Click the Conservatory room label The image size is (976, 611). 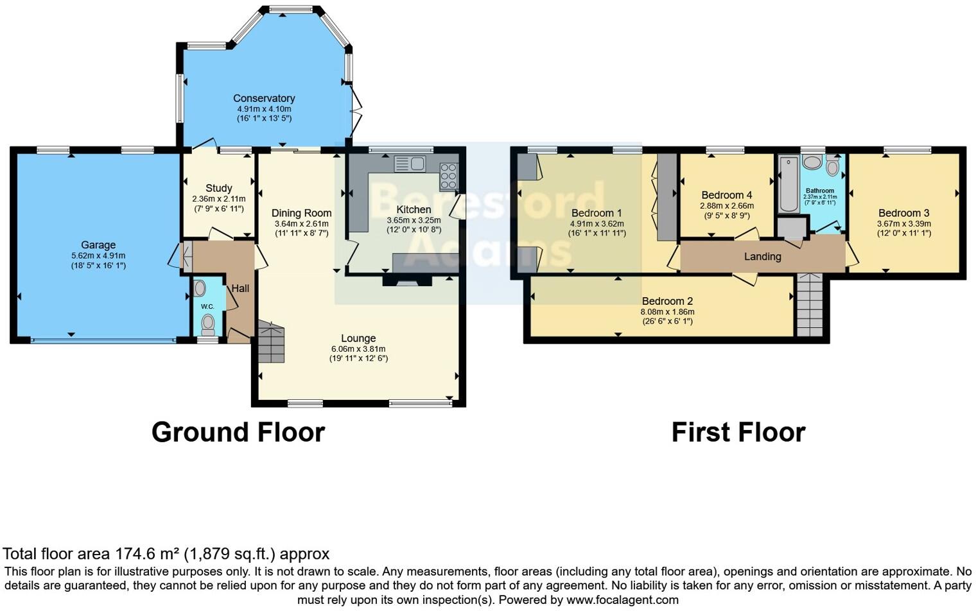click(264, 98)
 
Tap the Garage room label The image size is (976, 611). click(98, 245)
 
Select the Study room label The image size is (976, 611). click(218, 188)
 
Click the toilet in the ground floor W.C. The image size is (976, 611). click(207, 326)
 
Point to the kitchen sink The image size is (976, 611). click(410, 164)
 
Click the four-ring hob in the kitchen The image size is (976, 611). click(448, 176)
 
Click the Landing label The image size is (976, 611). click(762, 257)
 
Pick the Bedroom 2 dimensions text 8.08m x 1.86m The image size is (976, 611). click(667, 312)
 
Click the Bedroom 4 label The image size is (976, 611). click(726, 195)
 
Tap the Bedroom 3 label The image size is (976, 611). click(903, 213)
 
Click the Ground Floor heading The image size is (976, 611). click(238, 433)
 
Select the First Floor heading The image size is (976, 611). click(738, 433)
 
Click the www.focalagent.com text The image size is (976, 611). click(622, 600)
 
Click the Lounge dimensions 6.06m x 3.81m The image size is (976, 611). click(358, 349)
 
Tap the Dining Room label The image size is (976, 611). click(301, 213)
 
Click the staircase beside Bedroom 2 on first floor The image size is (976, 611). click(809, 305)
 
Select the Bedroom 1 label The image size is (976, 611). click(597, 213)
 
